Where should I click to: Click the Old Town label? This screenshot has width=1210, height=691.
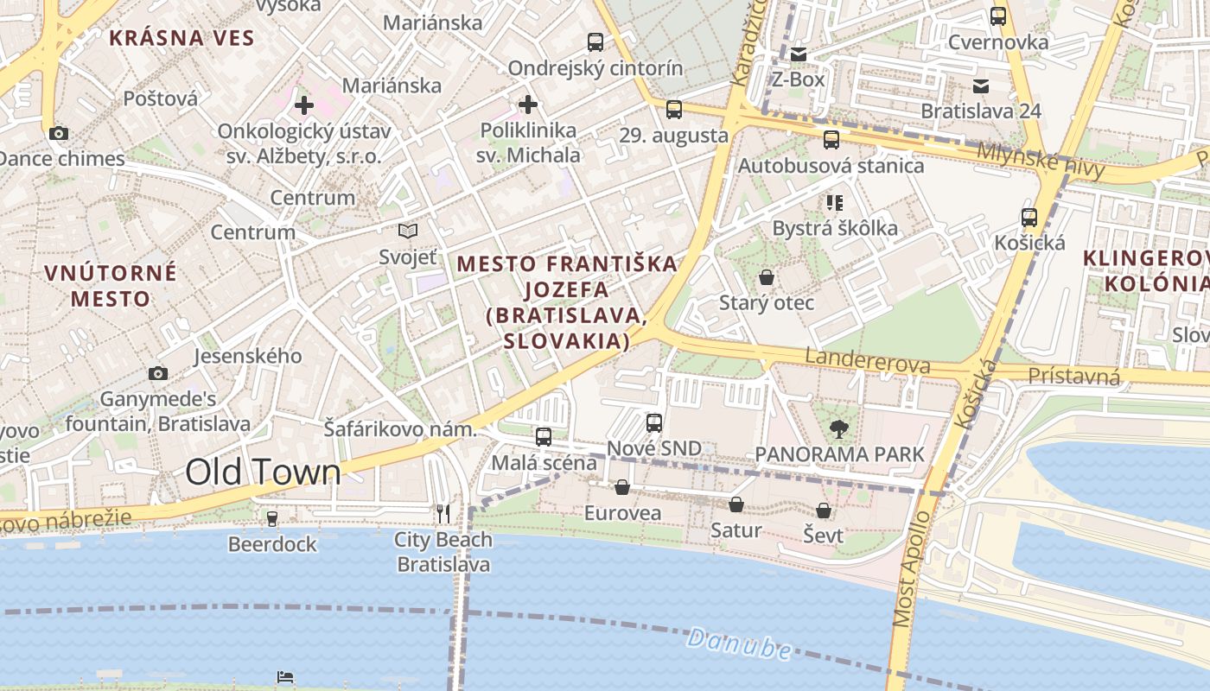pyautogui.click(x=263, y=472)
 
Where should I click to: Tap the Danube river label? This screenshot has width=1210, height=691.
pyautogui.click(x=739, y=644)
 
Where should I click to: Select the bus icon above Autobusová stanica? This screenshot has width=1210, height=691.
pyautogui.click(x=831, y=140)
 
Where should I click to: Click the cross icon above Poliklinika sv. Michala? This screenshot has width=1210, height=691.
pyautogui.click(x=527, y=105)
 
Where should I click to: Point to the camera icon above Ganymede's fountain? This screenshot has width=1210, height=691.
pyautogui.click(x=157, y=373)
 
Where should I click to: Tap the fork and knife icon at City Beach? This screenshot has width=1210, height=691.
pyautogui.click(x=443, y=514)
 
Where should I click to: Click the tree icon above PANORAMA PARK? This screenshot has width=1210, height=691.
pyautogui.click(x=838, y=428)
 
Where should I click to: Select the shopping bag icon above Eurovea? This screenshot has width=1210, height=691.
pyautogui.click(x=621, y=487)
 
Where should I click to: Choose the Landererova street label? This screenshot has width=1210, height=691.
pyautogui.click(x=867, y=361)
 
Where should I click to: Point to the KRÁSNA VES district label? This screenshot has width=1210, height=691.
pyautogui.click(x=181, y=38)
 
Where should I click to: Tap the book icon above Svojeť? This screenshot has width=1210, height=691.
pyautogui.click(x=408, y=231)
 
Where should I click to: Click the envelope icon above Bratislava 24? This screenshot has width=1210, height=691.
pyautogui.click(x=980, y=86)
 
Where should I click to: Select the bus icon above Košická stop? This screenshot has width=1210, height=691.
pyautogui.click(x=1028, y=218)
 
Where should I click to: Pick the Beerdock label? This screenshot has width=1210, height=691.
pyautogui.click(x=272, y=544)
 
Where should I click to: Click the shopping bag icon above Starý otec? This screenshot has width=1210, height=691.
pyautogui.click(x=766, y=277)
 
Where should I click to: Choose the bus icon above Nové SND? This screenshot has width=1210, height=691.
pyautogui.click(x=654, y=423)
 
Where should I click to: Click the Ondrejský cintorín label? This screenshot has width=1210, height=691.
pyautogui.click(x=595, y=68)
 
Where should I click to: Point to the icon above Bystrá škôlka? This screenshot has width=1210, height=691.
pyautogui.click(x=834, y=203)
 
